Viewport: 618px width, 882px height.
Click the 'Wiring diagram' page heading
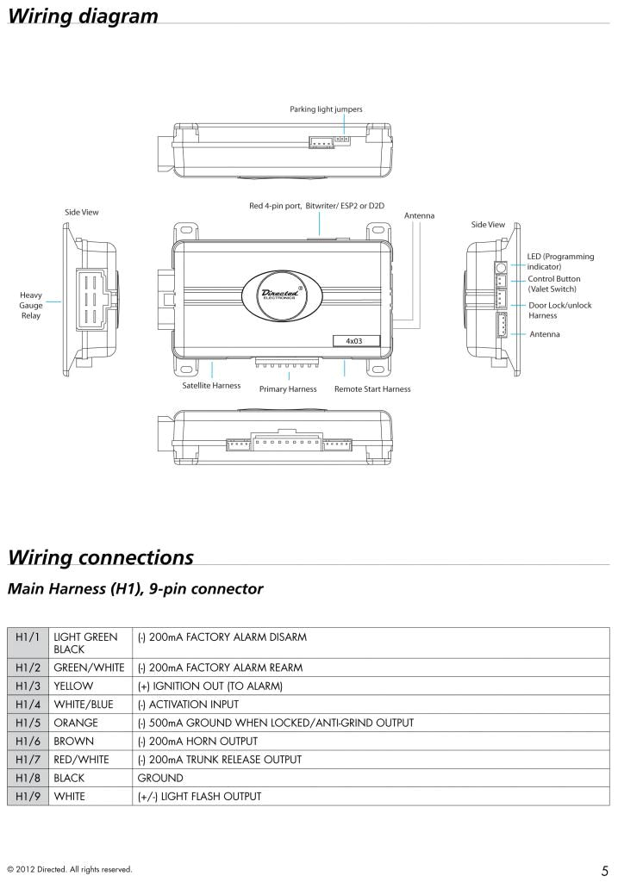(x=83, y=16)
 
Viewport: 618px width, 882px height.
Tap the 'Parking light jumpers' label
(x=326, y=109)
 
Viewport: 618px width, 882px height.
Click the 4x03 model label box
(x=354, y=340)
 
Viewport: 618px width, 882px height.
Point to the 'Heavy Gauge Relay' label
(x=31, y=306)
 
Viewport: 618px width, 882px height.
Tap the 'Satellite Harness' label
(x=211, y=386)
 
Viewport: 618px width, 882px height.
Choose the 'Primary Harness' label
(x=288, y=389)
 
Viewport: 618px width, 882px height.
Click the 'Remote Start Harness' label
(x=372, y=389)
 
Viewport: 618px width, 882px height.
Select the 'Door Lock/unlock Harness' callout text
(x=559, y=310)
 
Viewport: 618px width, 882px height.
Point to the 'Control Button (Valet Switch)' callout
(x=553, y=284)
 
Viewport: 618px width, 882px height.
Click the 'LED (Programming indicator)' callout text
(x=555, y=262)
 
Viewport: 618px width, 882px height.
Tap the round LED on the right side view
(x=501, y=268)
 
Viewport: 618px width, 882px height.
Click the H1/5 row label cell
(x=28, y=722)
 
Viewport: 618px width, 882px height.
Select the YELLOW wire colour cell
(x=73, y=686)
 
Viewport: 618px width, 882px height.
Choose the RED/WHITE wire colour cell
(x=81, y=759)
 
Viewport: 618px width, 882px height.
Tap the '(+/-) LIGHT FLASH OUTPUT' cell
(x=199, y=796)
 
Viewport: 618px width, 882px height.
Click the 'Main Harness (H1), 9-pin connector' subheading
(x=134, y=590)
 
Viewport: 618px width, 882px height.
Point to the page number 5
(x=606, y=868)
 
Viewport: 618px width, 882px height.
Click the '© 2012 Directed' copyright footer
(x=69, y=869)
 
